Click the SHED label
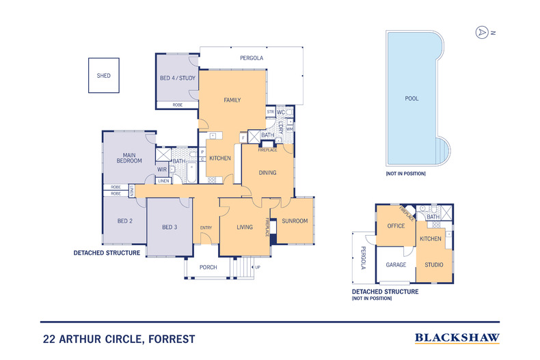pyautogui.click(x=103, y=76)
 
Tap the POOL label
pyautogui.click(x=412, y=98)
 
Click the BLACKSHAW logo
pyautogui.click(x=457, y=337)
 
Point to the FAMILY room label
pyautogui.click(x=232, y=100)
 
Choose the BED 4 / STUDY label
pyautogui.click(x=178, y=78)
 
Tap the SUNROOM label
pyautogui.click(x=295, y=221)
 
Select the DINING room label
pyautogui.click(x=267, y=173)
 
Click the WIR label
pyautogui.click(x=162, y=169)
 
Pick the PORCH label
pyautogui.click(x=208, y=267)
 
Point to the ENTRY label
pyautogui.click(x=206, y=227)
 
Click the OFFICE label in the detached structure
pyautogui.click(x=396, y=226)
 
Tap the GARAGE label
pyautogui.click(x=396, y=264)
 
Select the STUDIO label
pyautogui.click(x=433, y=264)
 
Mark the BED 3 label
pyautogui.click(x=170, y=227)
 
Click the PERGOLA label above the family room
pyautogui.click(x=252, y=58)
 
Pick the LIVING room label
pyautogui.click(x=245, y=227)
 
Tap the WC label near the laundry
pyautogui.click(x=280, y=112)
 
